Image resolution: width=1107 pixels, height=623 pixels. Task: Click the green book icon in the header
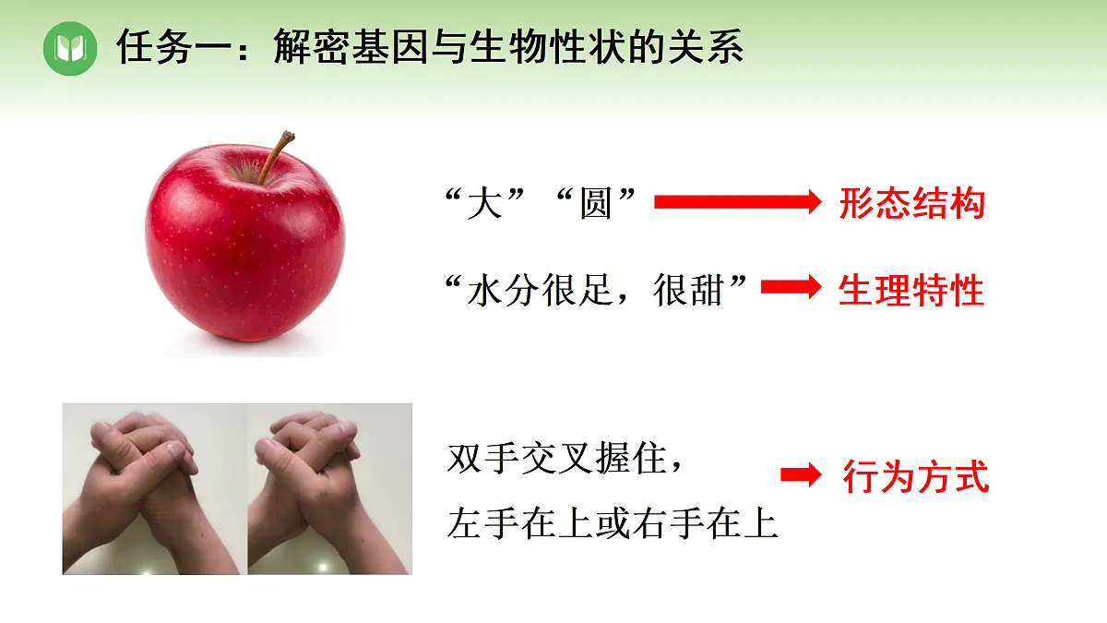[70, 47]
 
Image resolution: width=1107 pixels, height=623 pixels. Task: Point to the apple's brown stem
[276, 158]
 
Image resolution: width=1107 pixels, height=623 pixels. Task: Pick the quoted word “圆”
[595, 202]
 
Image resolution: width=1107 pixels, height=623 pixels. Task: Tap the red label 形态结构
[911, 203]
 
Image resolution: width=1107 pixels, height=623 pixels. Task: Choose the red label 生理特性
[911, 291]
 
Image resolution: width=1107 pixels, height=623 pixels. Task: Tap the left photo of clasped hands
[154, 488]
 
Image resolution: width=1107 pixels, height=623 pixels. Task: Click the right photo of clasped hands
[329, 488]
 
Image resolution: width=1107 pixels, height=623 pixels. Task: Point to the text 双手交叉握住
[556, 459]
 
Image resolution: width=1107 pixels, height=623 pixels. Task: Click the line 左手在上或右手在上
[613, 523]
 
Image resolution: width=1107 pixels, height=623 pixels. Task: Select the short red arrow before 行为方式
[800, 475]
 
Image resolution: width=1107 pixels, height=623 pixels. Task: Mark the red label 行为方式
[915, 477]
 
